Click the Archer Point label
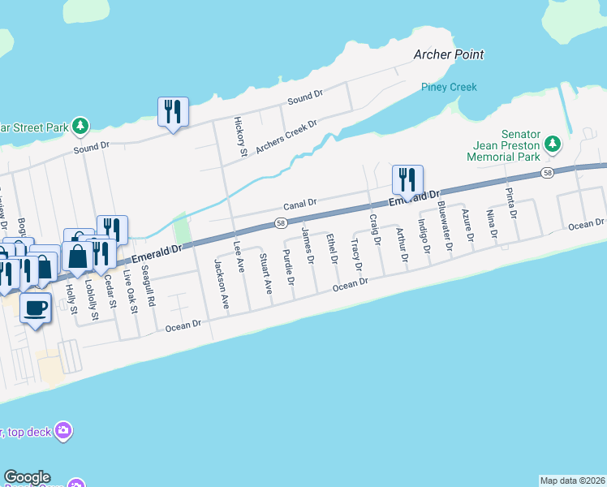coord(448,54)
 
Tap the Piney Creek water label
coord(449,87)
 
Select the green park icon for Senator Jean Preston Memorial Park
coord(553,144)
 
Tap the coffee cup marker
coord(36,308)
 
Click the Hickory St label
coord(240,136)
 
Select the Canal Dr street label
coord(299,203)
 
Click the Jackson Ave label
coord(219,281)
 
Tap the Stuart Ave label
coord(265,274)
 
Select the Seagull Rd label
coord(147,286)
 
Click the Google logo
coord(27,478)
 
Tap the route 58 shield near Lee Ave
coord(280,223)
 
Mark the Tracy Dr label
coord(355,254)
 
